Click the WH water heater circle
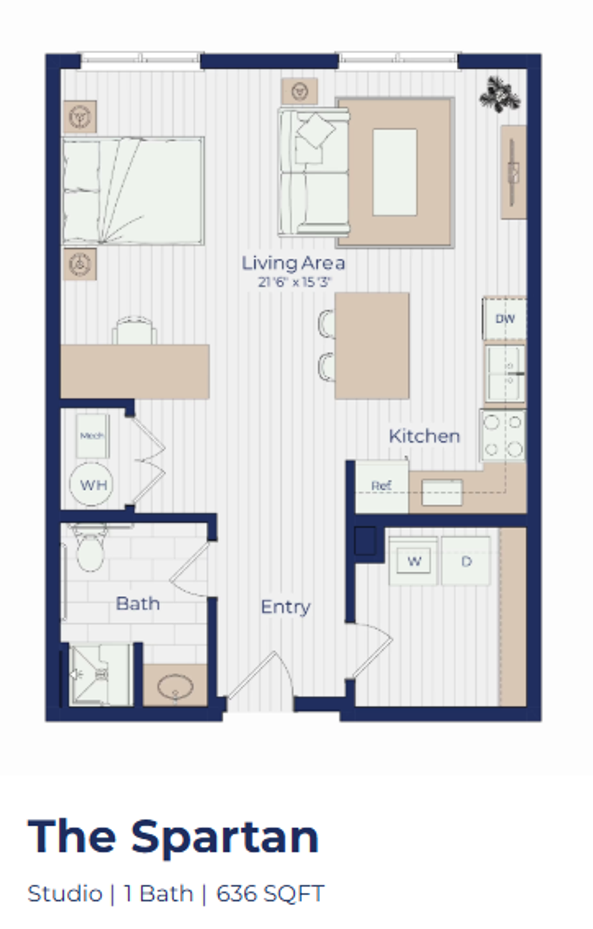91,484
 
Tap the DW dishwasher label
505,319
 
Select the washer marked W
414,561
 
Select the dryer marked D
466,561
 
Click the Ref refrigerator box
382,486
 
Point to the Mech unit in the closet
92,435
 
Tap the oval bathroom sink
175,686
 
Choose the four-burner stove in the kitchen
503,435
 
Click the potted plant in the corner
500,94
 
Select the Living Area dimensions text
294,282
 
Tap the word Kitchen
424,436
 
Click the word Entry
285,607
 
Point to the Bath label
138,604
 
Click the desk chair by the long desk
134,331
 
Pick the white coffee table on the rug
395,172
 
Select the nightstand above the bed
80,117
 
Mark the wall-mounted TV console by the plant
513,172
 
